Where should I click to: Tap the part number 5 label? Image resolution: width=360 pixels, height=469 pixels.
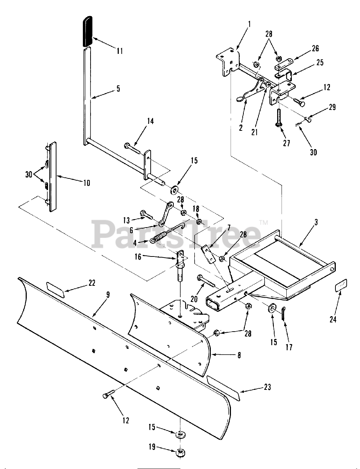coord(118,89)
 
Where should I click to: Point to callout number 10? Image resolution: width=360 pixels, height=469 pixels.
coord(87,182)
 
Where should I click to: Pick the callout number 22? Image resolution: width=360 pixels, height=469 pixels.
coord(92,282)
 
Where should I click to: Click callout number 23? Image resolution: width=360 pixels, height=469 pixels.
coord(268,387)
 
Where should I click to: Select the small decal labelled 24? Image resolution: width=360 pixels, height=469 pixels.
coord(341,285)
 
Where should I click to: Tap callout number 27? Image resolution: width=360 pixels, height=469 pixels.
coord(286,143)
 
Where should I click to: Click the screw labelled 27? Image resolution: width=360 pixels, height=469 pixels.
coord(279,117)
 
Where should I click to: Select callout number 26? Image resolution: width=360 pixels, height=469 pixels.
coord(315,48)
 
